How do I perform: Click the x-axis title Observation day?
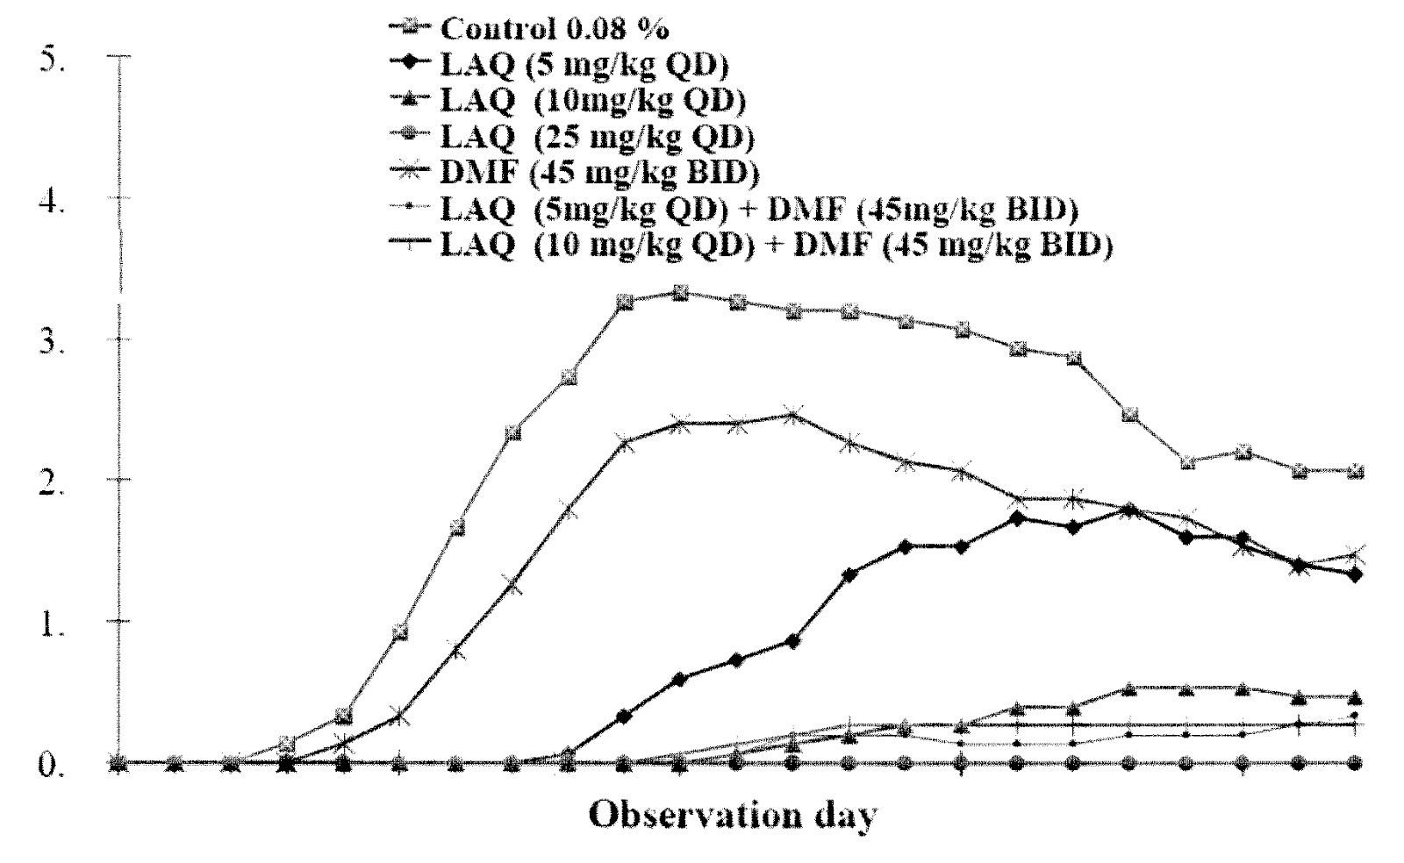click(732, 815)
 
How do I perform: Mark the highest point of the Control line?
click(681, 293)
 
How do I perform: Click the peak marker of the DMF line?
click(793, 415)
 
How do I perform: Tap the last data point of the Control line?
click(1355, 472)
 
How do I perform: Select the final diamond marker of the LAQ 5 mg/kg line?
click(1355, 574)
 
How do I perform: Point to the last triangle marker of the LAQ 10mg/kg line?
click(1355, 698)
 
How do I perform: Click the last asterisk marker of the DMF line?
click(1355, 555)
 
